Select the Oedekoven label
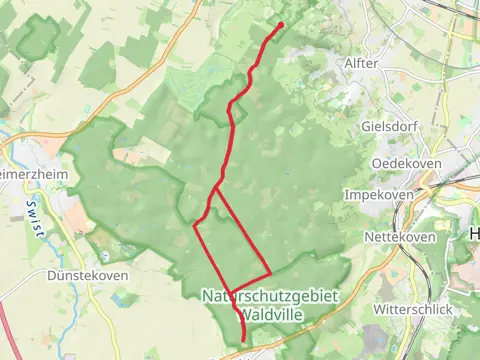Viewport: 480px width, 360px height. [x=400, y=163]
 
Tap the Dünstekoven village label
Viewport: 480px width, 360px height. [x=85, y=273]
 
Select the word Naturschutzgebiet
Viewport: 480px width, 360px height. [x=271, y=296]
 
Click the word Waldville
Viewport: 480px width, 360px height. [x=271, y=313]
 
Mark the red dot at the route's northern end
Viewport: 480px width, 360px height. [x=280, y=25]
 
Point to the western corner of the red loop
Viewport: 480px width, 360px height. [x=194, y=226]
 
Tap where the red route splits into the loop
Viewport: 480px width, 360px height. [x=216, y=188]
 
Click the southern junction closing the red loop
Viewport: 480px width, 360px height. [x=231, y=292]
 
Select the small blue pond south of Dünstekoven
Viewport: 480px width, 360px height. [x=126, y=299]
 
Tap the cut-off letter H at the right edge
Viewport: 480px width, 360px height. [x=473, y=232]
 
